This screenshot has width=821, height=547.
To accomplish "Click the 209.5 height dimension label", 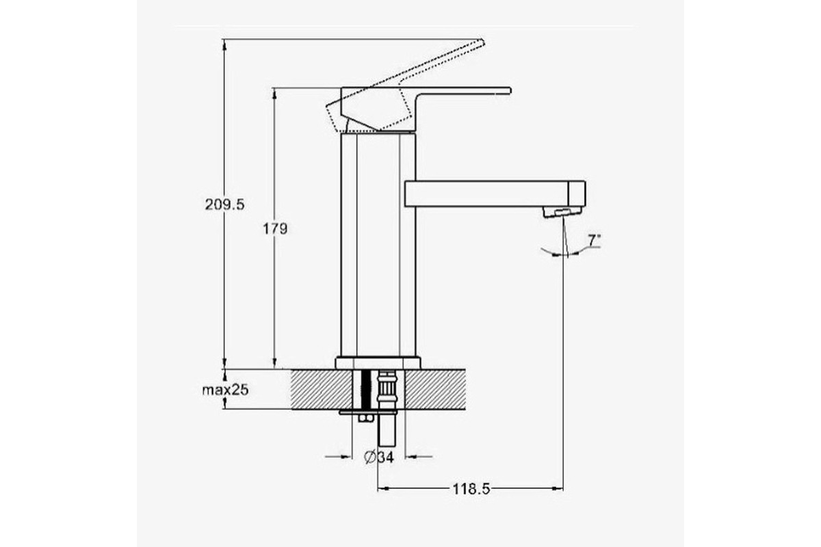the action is point(224,204).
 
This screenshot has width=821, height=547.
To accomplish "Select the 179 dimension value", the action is point(275,229).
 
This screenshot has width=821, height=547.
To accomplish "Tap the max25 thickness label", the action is point(225,390).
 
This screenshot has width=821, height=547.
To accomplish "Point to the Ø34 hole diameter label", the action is point(378,457).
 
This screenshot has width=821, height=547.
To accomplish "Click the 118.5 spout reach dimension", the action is point(471,489).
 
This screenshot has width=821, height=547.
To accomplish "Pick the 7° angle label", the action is point(595,241).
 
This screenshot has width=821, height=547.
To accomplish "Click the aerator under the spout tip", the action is point(562,213).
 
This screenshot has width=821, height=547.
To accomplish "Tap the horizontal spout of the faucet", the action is point(495,194).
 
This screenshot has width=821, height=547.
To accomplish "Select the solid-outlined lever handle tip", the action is point(508,91).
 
